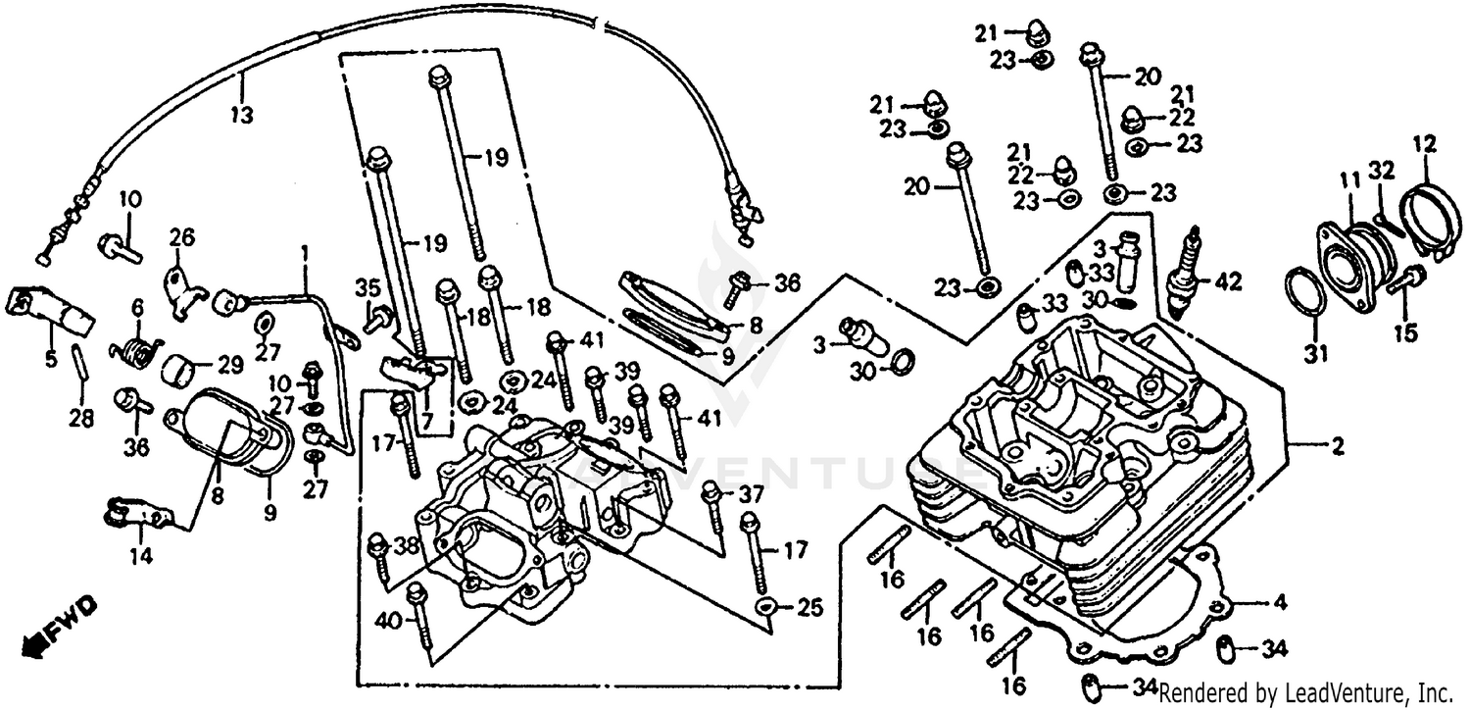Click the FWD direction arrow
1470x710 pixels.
59,630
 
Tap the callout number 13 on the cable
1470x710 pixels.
241,115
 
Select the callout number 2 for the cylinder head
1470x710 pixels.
1336,448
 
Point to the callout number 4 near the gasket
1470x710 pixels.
1281,602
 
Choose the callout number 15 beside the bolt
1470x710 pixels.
1405,333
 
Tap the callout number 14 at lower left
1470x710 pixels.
141,556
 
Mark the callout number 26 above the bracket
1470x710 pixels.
182,236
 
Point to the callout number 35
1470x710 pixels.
367,287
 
